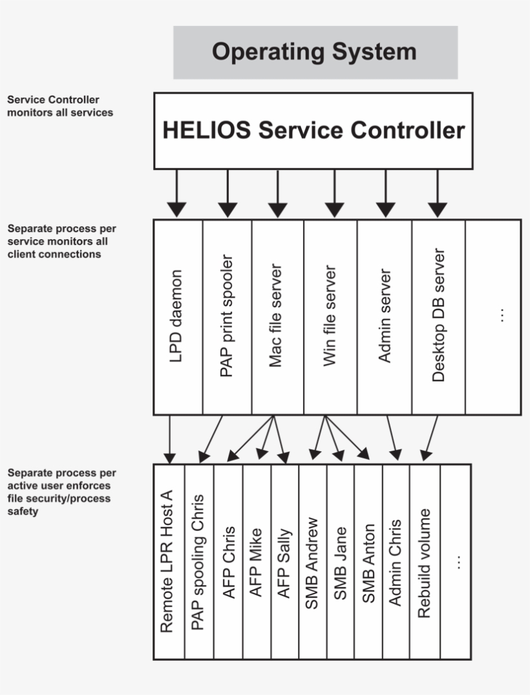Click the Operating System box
(315, 52)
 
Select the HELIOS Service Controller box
(313, 131)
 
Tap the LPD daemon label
(176, 316)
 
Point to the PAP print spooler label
(226, 315)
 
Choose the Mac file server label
(275, 315)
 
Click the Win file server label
(330, 315)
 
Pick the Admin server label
(384, 315)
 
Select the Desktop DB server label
(438, 315)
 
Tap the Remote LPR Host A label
(167, 561)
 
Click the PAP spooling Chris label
(198, 562)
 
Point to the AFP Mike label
(256, 562)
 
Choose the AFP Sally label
(284, 563)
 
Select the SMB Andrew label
(312, 563)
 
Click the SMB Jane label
(340, 563)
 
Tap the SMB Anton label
(368, 563)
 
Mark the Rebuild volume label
(424, 563)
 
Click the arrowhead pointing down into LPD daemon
(176, 209)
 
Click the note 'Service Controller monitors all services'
(60, 106)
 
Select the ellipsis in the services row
(502, 315)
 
